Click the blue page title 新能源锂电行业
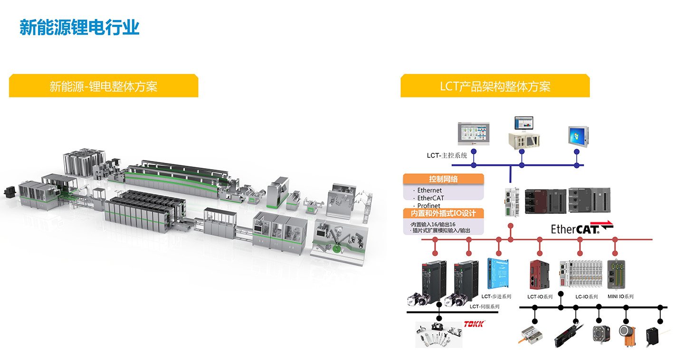pyautogui.click(x=79, y=28)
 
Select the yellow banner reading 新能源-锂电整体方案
pyautogui.click(x=104, y=86)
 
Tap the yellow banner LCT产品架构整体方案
pyautogui.click(x=495, y=86)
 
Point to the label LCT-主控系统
pyautogui.click(x=446, y=155)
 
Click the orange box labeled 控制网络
pyautogui.click(x=443, y=179)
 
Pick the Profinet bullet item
pyautogui.click(x=428, y=206)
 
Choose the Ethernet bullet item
pyautogui.click(x=429, y=190)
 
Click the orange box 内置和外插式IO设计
pyautogui.click(x=443, y=213)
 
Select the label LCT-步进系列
pyautogui.click(x=496, y=296)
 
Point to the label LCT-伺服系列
pyautogui.click(x=484, y=306)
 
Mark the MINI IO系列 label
pyautogui.click(x=620, y=296)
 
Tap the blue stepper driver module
pyautogui.click(x=496, y=274)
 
